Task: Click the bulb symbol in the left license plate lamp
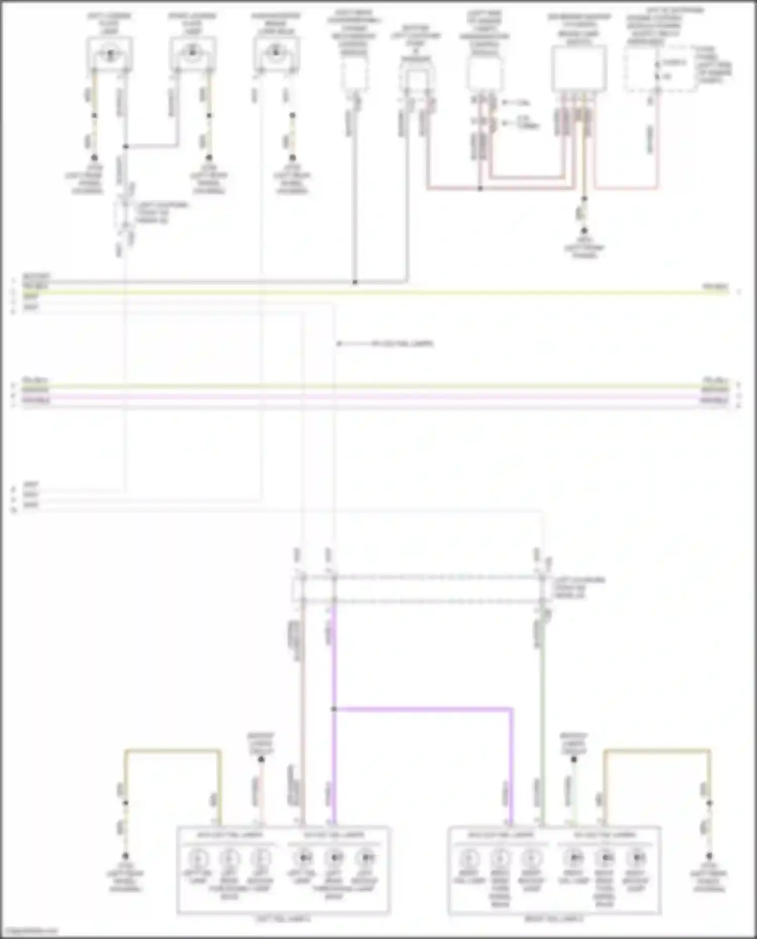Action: click(x=110, y=52)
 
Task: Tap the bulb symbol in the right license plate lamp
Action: click(x=192, y=52)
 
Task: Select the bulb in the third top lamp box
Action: click(x=275, y=52)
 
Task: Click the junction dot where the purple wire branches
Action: click(x=334, y=709)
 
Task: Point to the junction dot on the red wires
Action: click(x=480, y=189)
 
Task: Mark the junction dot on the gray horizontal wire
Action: click(x=355, y=282)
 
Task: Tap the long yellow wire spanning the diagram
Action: click(x=373, y=292)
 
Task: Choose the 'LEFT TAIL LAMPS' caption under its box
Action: click(x=283, y=919)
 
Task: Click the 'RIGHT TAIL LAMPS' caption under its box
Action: click(x=554, y=919)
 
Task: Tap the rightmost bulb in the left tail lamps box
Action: click(x=366, y=857)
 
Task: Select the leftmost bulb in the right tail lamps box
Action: click(x=469, y=857)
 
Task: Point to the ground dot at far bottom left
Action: click(x=125, y=856)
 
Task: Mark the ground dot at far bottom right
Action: click(x=709, y=856)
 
